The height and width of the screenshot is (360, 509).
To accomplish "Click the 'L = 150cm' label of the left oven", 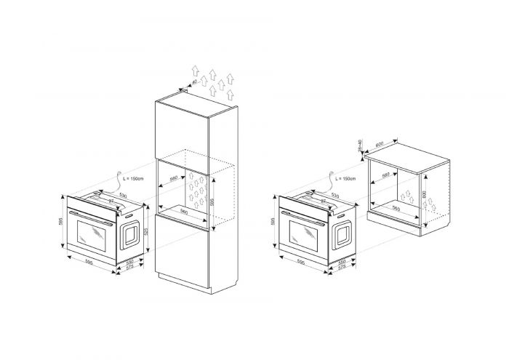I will tap(135, 178).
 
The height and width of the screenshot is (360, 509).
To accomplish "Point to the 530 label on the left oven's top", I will tap(124, 195).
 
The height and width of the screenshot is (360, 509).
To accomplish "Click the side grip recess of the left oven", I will tap(129, 233).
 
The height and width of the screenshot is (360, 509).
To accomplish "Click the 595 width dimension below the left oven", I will tap(88, 262).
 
